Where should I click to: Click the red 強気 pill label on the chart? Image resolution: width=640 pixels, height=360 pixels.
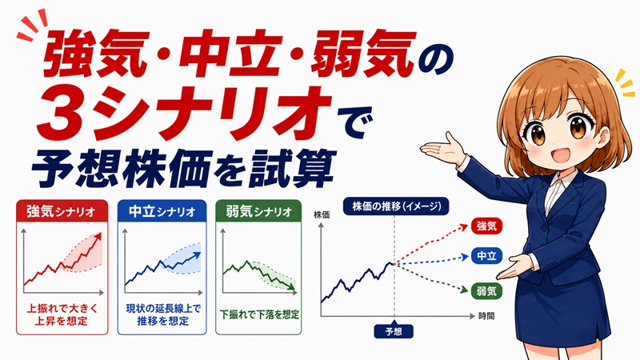[x=486, y=226]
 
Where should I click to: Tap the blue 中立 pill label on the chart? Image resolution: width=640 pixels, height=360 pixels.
[x=486, y=256]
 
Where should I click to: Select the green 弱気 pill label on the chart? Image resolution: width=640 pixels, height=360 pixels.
[x=486, y=291]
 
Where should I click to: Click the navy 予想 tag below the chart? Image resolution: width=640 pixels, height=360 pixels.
[x=394, y=331]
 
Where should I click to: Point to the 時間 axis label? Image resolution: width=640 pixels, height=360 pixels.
[x=486, y=316]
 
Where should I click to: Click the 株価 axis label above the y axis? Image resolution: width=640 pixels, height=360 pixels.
[x=322, y=214]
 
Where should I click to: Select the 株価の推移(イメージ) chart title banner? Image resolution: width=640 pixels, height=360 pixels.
[x=396, y=206]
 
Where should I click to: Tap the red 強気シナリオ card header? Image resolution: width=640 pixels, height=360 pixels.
[x=62, y=211]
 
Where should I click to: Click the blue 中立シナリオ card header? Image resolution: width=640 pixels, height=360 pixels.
[x=162, y=211]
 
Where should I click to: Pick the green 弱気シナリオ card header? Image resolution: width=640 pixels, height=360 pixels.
[x=258, y=211]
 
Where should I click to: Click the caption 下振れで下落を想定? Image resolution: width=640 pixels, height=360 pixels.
[x=259, y=314]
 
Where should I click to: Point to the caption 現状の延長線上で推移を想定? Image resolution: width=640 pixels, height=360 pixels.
[x=163, y=314]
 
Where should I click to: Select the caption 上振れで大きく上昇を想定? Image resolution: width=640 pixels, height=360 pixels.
[x=62, y=314]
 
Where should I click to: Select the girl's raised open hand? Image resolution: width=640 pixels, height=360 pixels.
[x=443, y=148]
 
